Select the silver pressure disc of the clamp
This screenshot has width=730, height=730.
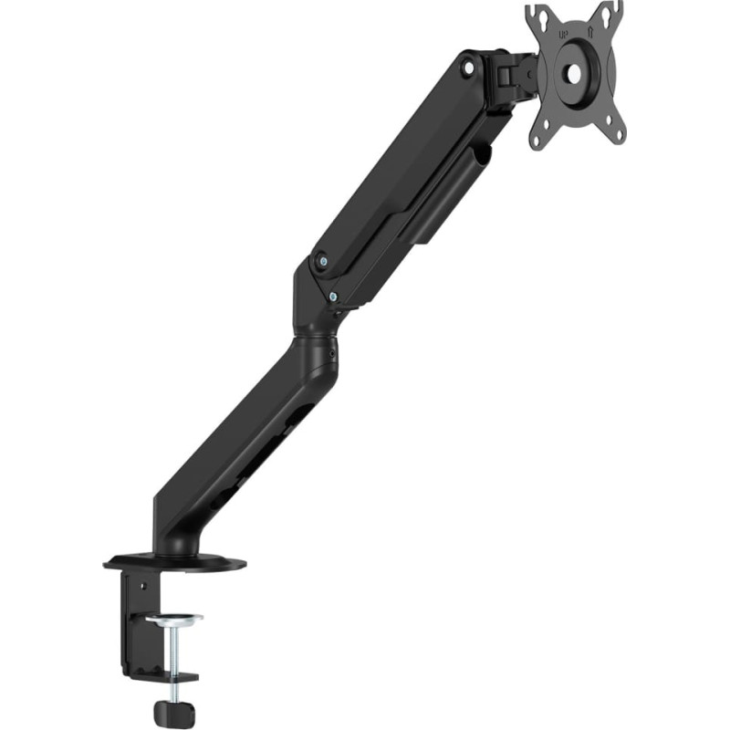point(174,620)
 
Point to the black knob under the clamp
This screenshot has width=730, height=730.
point(171,711)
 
